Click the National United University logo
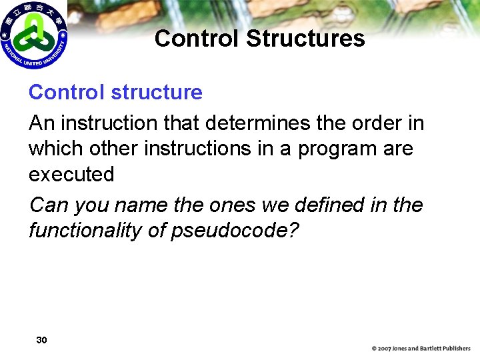coord(34,35)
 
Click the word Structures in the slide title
coord(305,39)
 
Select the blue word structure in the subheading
coord(157,92)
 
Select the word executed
coord(71,175)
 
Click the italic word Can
coord(49,205)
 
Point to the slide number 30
coord(41,341)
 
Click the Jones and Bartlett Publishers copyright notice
coord(421,349)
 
